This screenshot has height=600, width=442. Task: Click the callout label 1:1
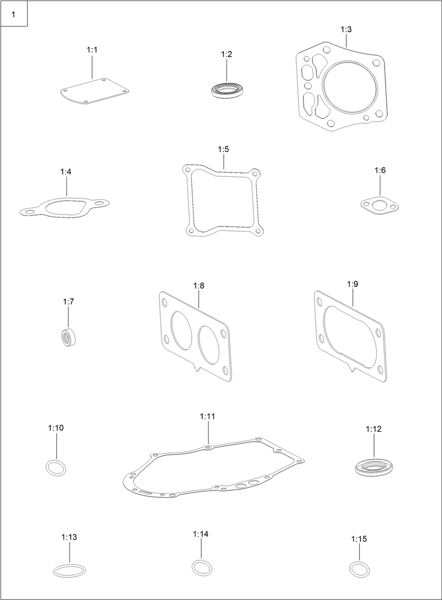(x=92, y=50)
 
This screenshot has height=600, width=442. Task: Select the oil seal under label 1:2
(x=227, y=90)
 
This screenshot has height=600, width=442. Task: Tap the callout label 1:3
(x=346, y=29)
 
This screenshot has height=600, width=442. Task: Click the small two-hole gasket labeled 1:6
(x=380, y=206)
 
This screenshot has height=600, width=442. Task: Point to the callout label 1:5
(x=223, y=149)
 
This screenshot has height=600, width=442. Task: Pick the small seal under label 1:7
(x=69, y=336)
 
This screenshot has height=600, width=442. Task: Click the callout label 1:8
(x=199, y=286)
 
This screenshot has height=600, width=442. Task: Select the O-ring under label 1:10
(x=56, y=467)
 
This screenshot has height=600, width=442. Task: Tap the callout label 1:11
(x=207, y=416)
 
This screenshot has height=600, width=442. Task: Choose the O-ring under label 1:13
(x=70, y=571)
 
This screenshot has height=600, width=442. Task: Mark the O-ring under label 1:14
(x=202, y=567)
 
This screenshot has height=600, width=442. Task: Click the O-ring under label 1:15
(x=359, y=569)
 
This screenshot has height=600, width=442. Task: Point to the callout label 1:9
(x=352, y=284)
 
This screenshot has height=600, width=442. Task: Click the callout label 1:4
(x=66, y=172)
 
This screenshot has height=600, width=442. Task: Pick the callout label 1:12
(x=373, y=429)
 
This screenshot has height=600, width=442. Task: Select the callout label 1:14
(x=201, y=534)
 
